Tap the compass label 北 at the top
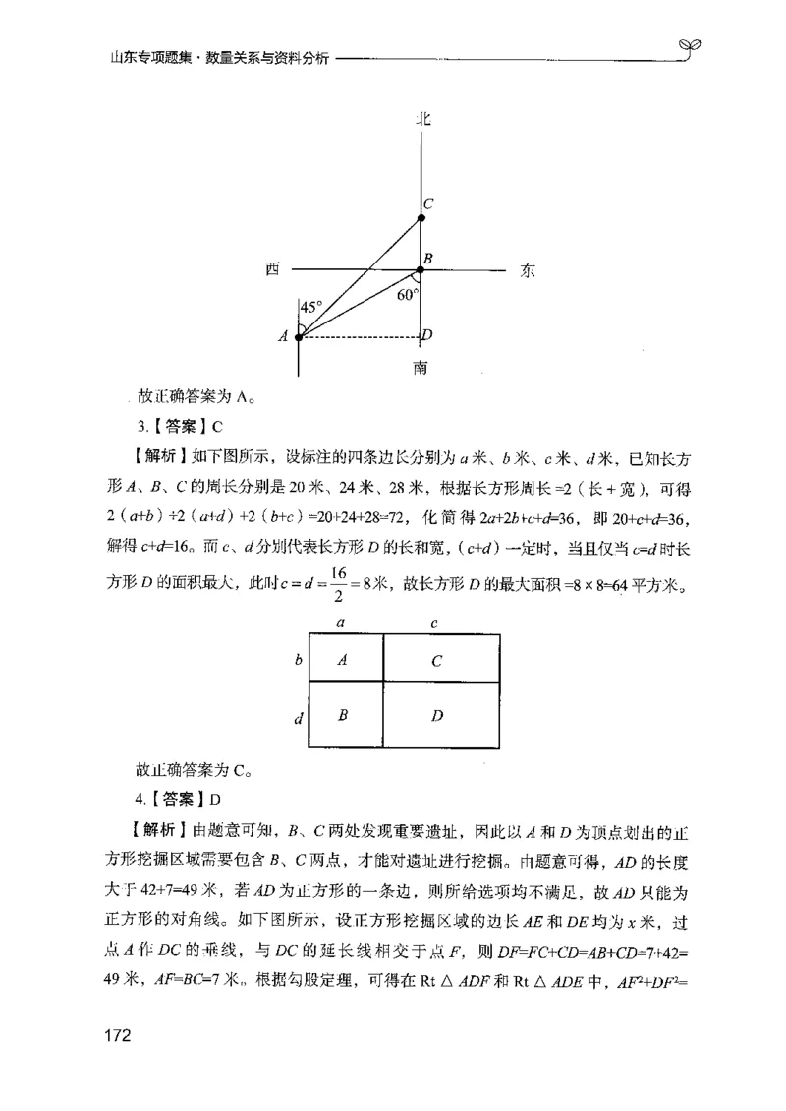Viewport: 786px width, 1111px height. pyautogui.click(x=422, y=119)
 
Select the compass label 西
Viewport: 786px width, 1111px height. pyautogui.click(x=271, y=270)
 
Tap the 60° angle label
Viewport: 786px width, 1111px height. pyautogui.click(x=408, y=294)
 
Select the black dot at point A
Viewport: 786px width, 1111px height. pyautogui.click(x=299, y=336)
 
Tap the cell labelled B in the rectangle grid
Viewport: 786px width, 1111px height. pyautogui.click(x=343, y=715)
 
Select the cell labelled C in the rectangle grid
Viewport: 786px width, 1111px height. pyautogui.click(x=435, y=661)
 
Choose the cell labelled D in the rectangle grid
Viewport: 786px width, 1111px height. pyautogui.click(x=435, y=715)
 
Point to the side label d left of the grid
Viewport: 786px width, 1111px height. pyautogui.click(x=298, y=719)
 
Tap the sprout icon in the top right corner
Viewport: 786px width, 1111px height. pyautogui.click(x=690, y=47)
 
